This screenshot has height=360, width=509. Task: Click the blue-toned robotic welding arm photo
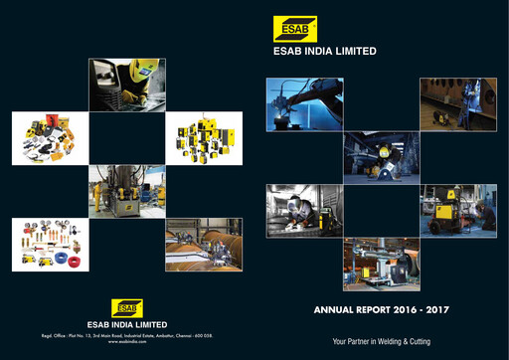[x=304, y=102]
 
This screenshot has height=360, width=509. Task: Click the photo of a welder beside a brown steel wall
[x=458, y=102]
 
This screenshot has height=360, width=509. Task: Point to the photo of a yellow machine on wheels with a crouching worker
[x=458, y=209]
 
